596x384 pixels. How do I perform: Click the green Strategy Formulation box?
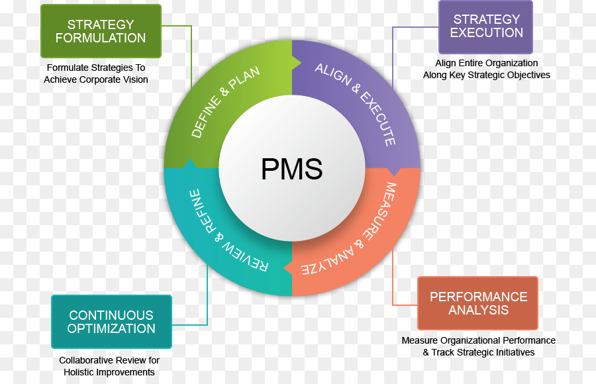tap(101, 31)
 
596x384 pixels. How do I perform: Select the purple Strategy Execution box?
tap(486, 26)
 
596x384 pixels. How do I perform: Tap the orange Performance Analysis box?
tap(478, 303)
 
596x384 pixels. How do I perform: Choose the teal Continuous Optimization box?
tap(111, 322)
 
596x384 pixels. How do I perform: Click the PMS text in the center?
tap(292, 169)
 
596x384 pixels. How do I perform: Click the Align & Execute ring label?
tap(358, 103)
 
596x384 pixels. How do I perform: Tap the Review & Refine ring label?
tap(225, 232)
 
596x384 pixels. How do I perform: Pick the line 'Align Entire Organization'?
tap(486, 63)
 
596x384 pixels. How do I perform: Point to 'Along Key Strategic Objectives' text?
tap(486, 75)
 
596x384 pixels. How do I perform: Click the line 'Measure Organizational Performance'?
tap(478, 340)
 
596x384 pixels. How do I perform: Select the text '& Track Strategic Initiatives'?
tap(478, 352)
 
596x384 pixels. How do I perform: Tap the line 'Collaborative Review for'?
tap(109, 360)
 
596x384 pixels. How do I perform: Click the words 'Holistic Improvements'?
tap(109, 372)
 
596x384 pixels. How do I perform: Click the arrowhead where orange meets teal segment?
tap(289, 268)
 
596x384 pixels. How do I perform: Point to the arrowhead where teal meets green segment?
tap(189, 164)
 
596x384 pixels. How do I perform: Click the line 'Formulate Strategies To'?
tap(96, 68)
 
